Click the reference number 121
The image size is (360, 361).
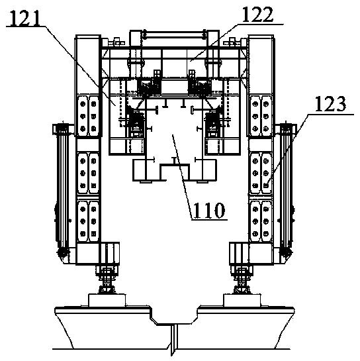(24, 17)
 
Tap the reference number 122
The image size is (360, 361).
(258, 15)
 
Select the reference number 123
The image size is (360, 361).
(330, 104)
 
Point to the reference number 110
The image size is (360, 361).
(208, 210)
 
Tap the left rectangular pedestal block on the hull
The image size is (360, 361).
(107, 300)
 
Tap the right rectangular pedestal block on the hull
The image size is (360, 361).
(242, 300)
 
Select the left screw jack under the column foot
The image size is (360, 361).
(107, 280)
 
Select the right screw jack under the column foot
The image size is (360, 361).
(242, 280)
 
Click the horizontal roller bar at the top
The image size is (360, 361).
(174, 34)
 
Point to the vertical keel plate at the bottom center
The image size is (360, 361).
(173, 339)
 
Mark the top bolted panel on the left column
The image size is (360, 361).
(88, 116)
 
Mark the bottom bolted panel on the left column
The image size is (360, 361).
(88, 221)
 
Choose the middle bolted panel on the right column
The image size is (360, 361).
(260, 173)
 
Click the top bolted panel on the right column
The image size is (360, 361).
(260, 116)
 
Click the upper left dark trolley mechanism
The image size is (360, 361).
(148, 86)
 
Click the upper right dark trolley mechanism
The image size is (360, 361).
(199, 86)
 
